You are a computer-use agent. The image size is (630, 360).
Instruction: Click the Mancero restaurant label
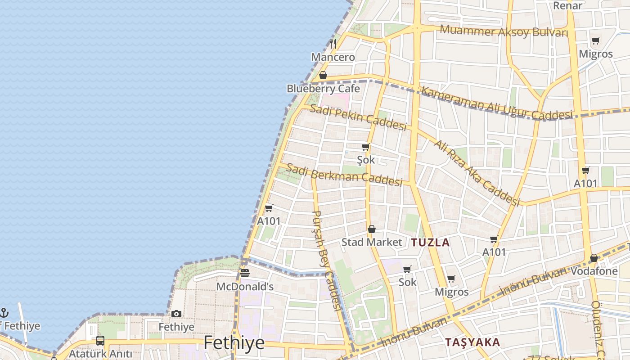click(x=333, y=57)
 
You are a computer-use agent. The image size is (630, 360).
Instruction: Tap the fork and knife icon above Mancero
click(x=333, y=43)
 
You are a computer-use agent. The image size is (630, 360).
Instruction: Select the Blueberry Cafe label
click(x=323, y=89)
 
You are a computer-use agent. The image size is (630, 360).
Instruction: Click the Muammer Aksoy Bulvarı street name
click(x=504, y=31)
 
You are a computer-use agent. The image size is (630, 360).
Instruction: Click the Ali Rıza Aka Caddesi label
click(x=477, y=173)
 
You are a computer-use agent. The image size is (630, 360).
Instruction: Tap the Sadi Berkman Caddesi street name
click(x=344, y=175)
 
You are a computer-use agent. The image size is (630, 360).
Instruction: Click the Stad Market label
click(x=372, y=242)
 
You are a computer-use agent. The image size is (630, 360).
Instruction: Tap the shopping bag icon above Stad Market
click(x=372, y=229)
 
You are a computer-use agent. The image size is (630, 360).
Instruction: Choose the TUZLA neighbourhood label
click(x=430, y=243)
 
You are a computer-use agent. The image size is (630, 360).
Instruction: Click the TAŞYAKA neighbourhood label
click(x=472, y=342)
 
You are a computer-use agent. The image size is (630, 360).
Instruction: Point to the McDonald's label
click(x=245, y=287)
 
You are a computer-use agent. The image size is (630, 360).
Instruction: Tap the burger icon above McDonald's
click(x=245, y=273)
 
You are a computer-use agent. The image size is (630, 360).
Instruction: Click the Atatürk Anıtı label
click(x=100, y=354)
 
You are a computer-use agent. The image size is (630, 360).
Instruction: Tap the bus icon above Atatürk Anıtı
click(x=100, y=341)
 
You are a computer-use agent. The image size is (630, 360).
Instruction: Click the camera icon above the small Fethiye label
click(x=176, y=314)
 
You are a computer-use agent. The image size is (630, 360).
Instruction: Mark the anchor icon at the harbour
click(x=4, y=312)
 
